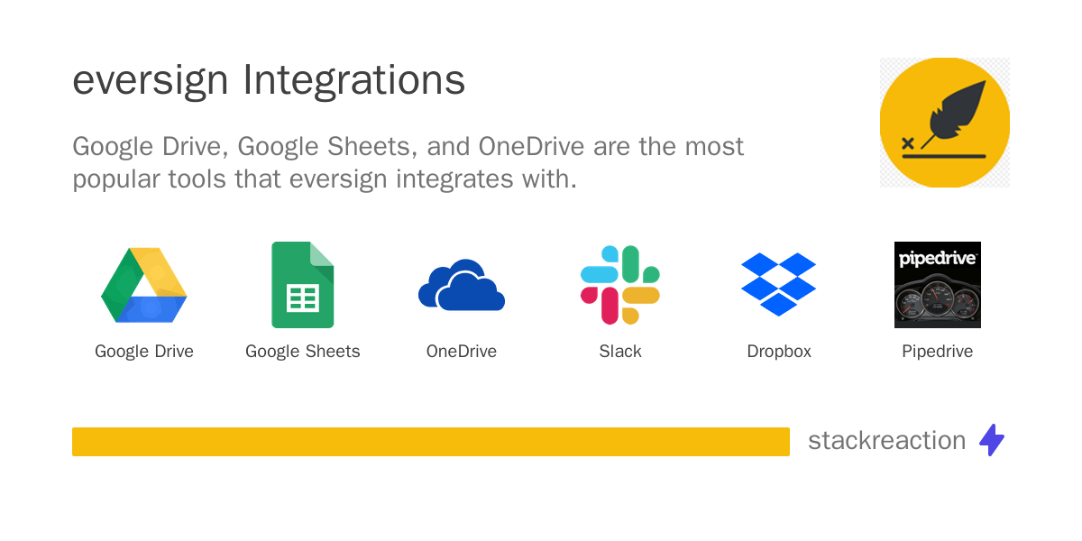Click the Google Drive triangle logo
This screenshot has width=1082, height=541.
144,285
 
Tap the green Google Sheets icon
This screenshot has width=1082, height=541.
303,285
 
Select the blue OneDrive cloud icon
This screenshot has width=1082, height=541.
462,286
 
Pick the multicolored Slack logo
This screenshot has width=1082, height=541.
620,285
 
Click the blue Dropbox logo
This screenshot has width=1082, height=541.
779,285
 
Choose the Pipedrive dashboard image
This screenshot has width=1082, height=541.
938,285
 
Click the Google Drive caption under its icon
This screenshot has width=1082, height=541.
144,352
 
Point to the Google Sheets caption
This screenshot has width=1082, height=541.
303,352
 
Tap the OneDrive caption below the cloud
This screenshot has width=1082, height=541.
462,352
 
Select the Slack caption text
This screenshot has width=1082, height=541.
620,352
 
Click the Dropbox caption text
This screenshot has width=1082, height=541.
779,352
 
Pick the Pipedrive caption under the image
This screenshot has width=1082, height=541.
938,352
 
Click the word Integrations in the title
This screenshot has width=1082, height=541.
354,81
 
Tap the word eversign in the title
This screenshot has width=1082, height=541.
151,81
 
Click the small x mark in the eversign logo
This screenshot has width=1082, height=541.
907,142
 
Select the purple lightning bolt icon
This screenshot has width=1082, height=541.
992,440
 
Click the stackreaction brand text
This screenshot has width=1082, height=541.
886,440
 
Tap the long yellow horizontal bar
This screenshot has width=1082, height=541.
431,442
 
